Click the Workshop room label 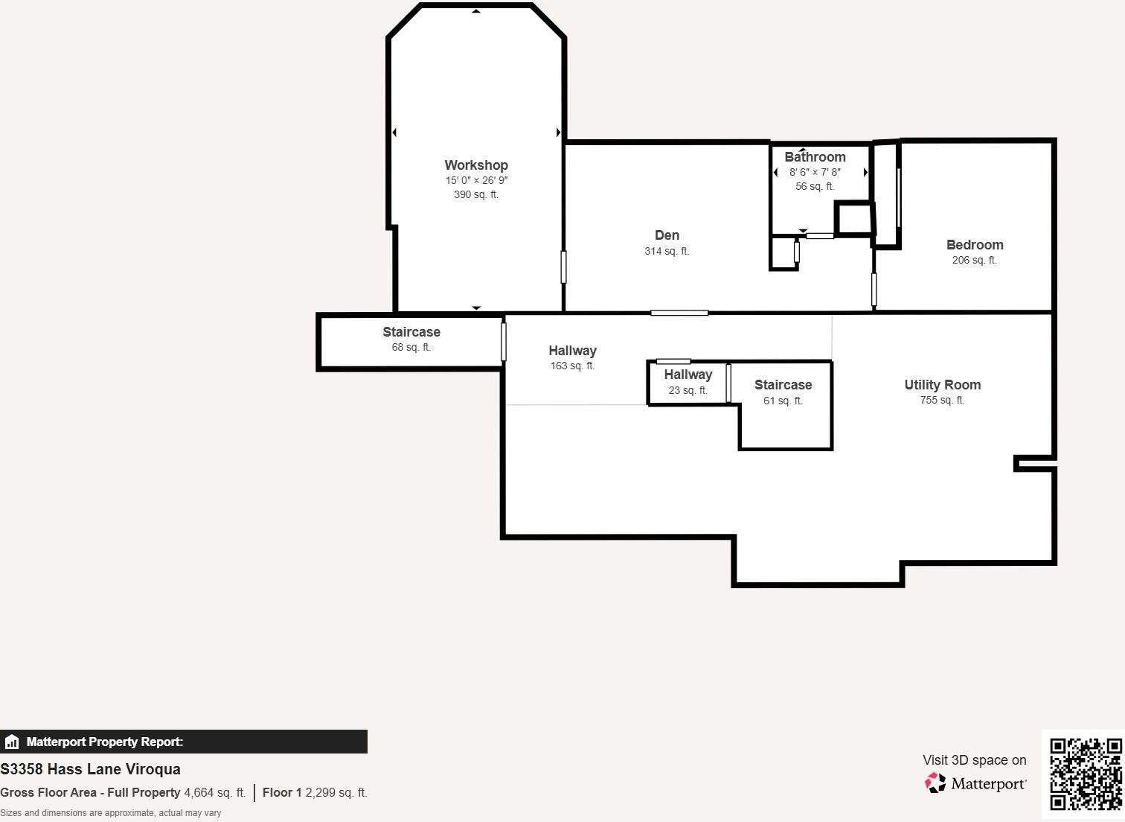[476, 165]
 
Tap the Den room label [667, 235]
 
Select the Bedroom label [974, 245]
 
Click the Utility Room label [942, 385]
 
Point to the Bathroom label [815, 157]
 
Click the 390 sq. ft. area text [476, 195]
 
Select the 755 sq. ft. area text [942, 401]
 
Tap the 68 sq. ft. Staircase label [411, 332]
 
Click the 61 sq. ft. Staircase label [783, 385]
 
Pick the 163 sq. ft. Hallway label [572, 351]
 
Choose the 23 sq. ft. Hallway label [687, 375]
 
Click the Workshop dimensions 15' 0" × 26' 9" [476, 181]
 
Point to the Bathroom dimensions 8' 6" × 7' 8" [815, 172]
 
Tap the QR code [1085, 774]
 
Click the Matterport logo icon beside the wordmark [935, 783]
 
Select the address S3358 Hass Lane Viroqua [90, 769]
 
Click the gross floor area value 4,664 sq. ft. [214, 793]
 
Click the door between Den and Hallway [679, 313]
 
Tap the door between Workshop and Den [563, 267]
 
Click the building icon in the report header [12, 742]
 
